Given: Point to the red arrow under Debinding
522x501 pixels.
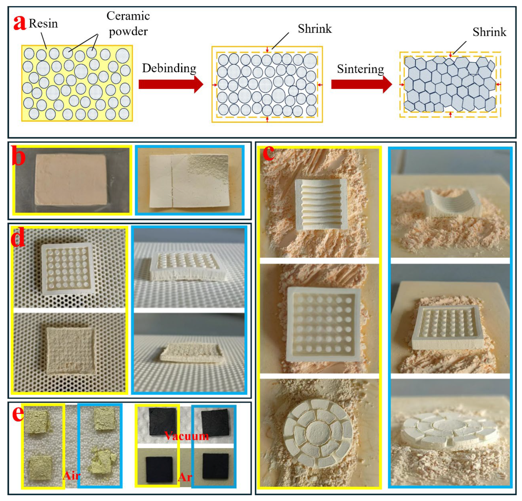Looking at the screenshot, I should point(171,84).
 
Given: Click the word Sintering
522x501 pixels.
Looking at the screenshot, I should point(360,69).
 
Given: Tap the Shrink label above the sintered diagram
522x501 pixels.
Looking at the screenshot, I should point(489,32).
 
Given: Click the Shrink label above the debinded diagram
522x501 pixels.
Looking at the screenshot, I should point(314,29).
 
